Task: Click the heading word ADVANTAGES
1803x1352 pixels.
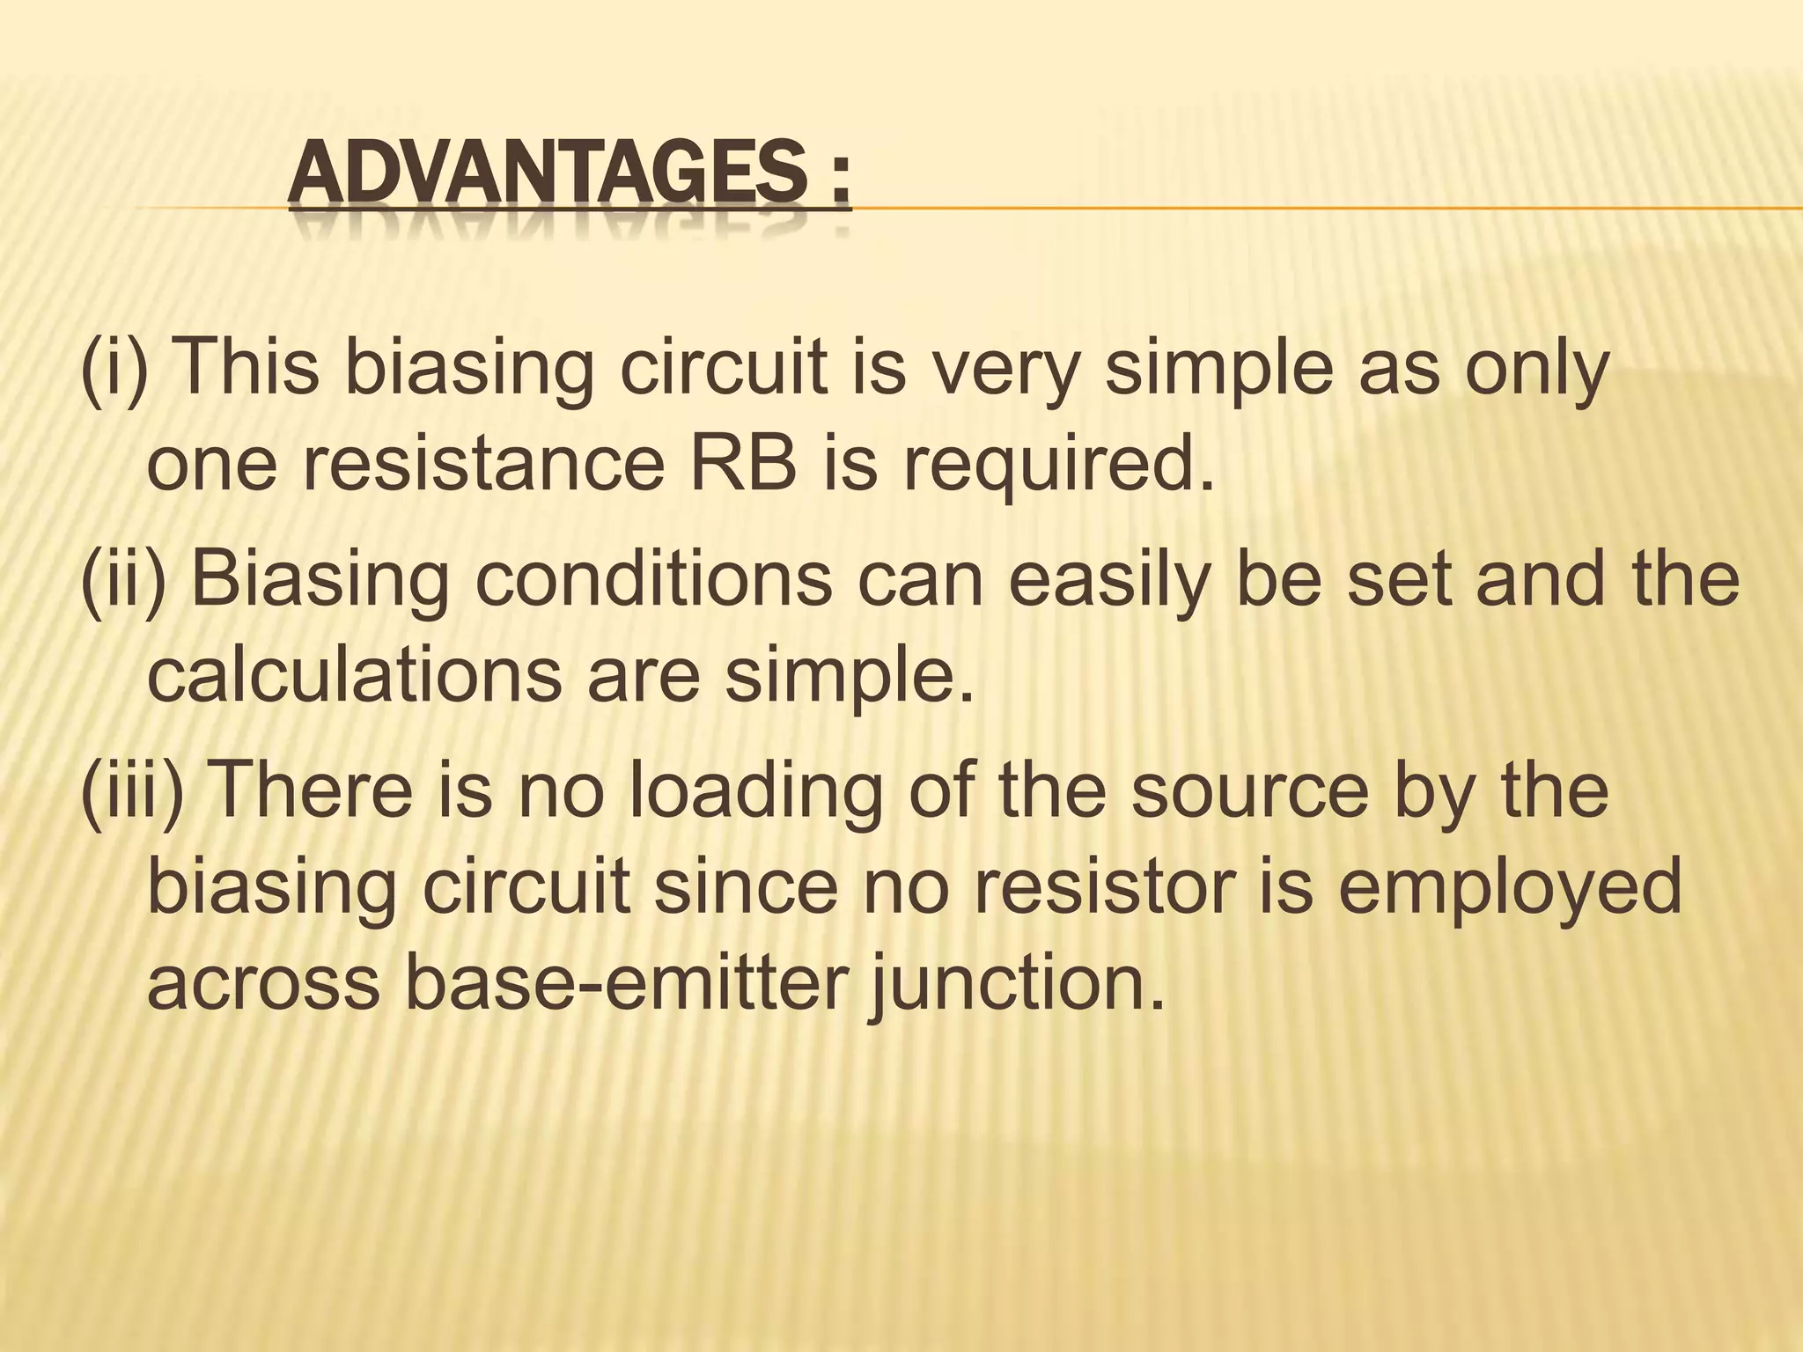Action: [x=546, y=173]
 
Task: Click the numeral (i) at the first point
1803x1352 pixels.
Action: [x=112, y=368]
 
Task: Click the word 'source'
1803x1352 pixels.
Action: [x=1249, y=792]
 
